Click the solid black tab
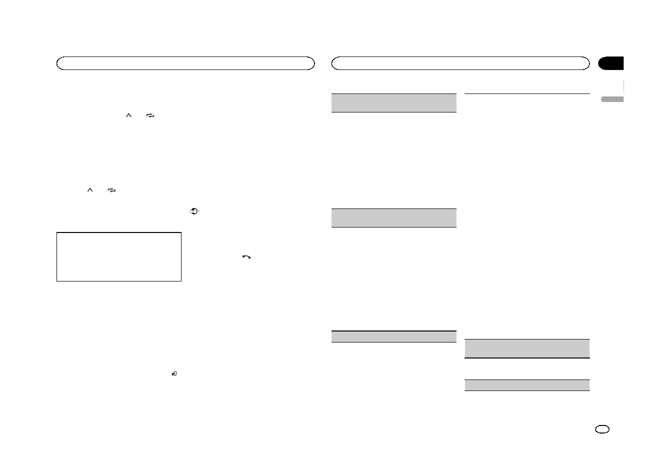pyautogui.click(x=611, y=63)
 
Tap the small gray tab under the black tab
pyautogui.click(x=612, y=99)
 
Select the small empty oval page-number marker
pyautogui.click(x=602, y=429)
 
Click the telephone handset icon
pyautogui.click(x=246, y=257)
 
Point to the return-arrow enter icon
pyautogui.click(x=174, y=373)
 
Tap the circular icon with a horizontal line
pyautogui.click(x=194, y=211)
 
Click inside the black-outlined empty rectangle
pyautogui.click(x=118, y=256)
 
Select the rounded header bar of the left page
pyautogui.click(x=185, y=63)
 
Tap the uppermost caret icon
pyautogui.click(x=128, y=115)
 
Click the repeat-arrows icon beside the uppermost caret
pyautogui.click(x=150, y=115)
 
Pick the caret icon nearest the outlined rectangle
pyautogui.click(x=90, y=190)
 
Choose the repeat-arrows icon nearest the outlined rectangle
pyautogui.click(x=111, y=190)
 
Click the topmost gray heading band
pyautogui.click(x=394, y=103)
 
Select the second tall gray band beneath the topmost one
pyautogui.click(x=394, y=218)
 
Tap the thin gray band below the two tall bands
pyautogui.click(x=394, y=336)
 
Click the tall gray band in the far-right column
pyautogui.click(x=527, y=348)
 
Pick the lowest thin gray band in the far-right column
pyautogui.click(x=527, y=385)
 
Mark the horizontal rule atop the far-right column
pyautogui.click(x=527, y=93)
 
